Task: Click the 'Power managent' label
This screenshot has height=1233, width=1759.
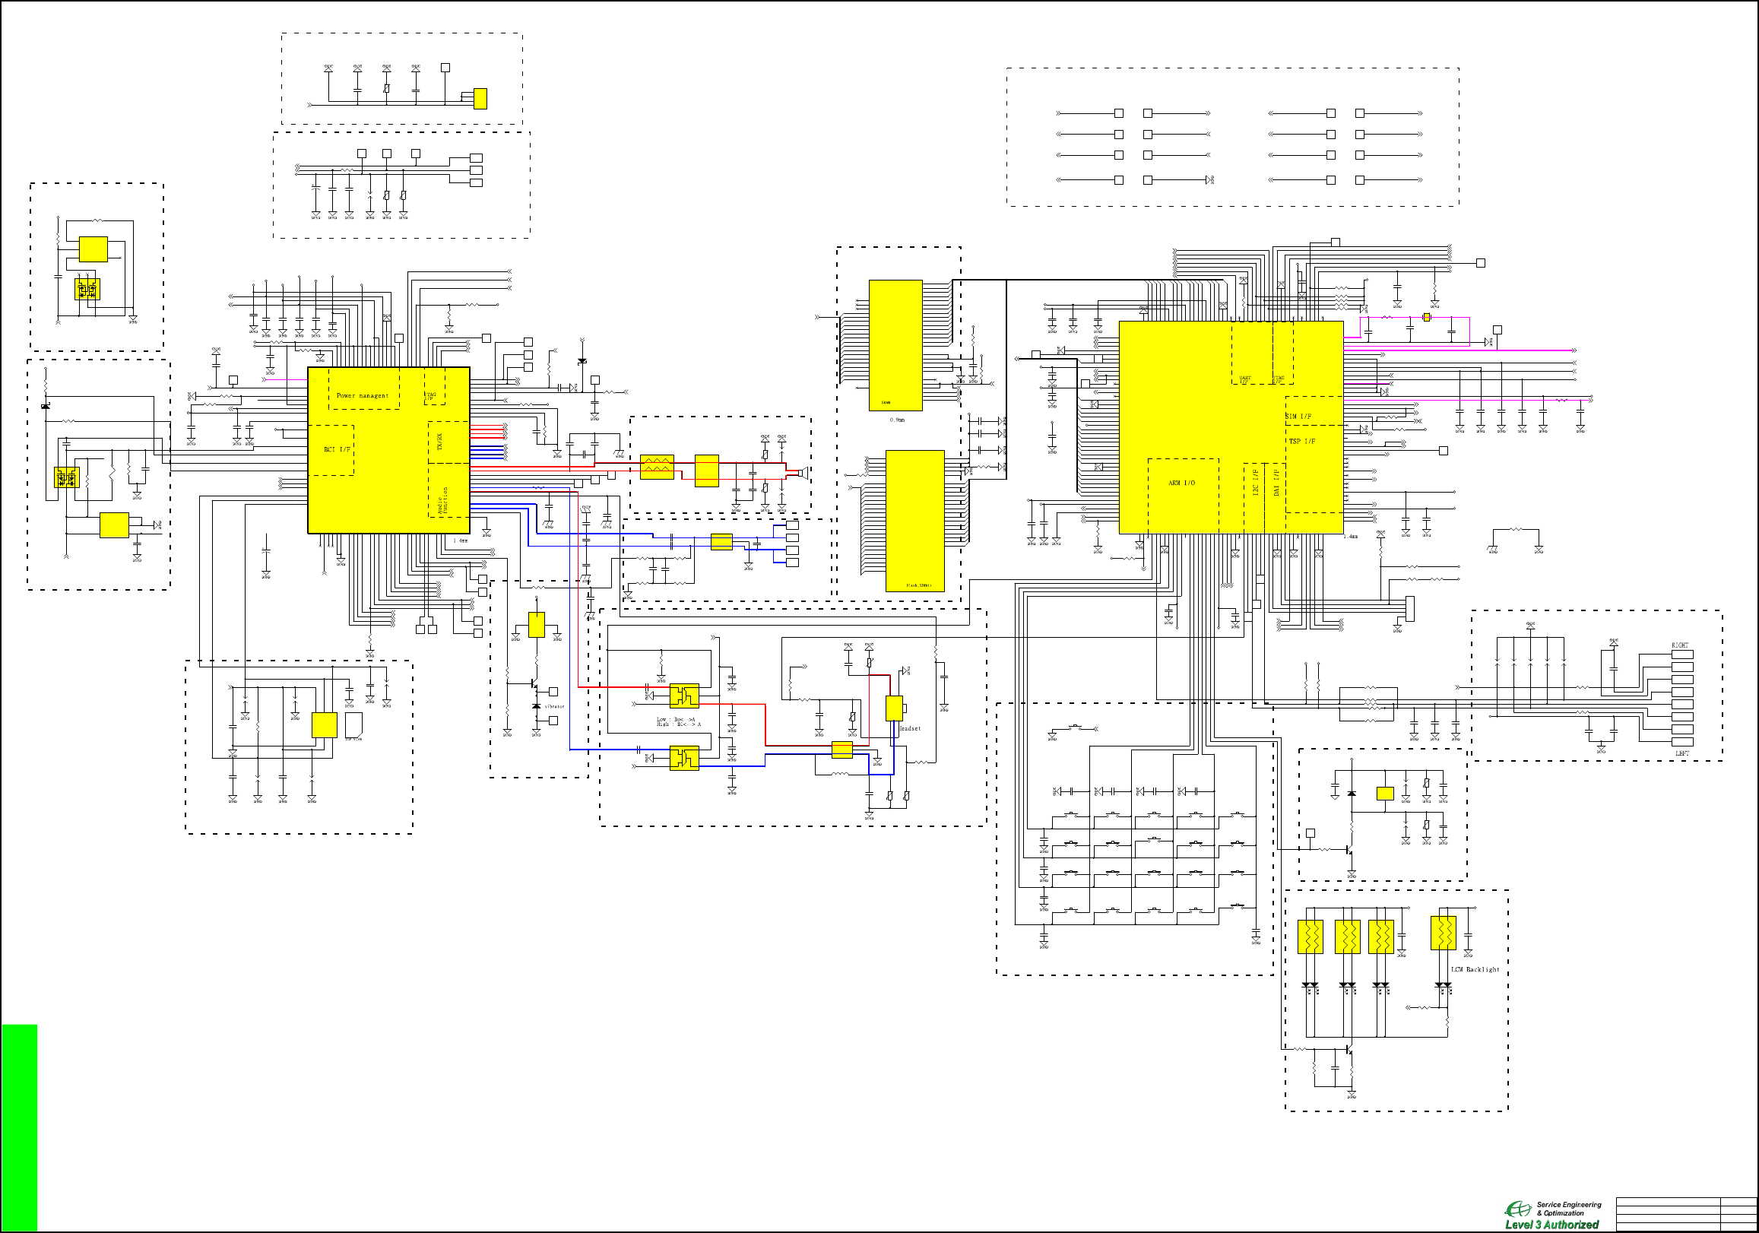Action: pos(363,395)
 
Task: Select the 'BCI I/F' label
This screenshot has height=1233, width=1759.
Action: pos(337,449)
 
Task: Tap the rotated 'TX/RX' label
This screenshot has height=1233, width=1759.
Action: pos(439,442)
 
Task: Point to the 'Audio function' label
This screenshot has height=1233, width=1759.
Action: pos(442,500)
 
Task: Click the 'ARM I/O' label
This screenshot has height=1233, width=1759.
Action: pos(1181,483)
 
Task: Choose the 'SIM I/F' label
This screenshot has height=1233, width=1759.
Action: pos(1298,416)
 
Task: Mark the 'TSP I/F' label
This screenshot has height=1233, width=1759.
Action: pos(1301,442)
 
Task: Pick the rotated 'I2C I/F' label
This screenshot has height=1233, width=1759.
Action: pos(1256,481)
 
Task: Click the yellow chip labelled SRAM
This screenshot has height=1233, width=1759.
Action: pos(895,345)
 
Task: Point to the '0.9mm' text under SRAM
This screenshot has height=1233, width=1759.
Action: pos(897,420)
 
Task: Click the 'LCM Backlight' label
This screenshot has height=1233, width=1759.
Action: pos(1475,969)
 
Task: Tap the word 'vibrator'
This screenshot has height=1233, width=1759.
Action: pos(554,706)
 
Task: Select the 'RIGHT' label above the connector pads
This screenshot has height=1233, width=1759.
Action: pos(1680,645)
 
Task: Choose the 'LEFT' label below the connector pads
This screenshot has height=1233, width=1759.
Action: pos(1682,753)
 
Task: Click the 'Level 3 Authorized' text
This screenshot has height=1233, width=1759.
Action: pos(1551,1225)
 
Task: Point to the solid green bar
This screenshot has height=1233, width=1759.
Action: pos(19,1127)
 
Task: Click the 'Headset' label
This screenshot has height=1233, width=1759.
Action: pos(909,729)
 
